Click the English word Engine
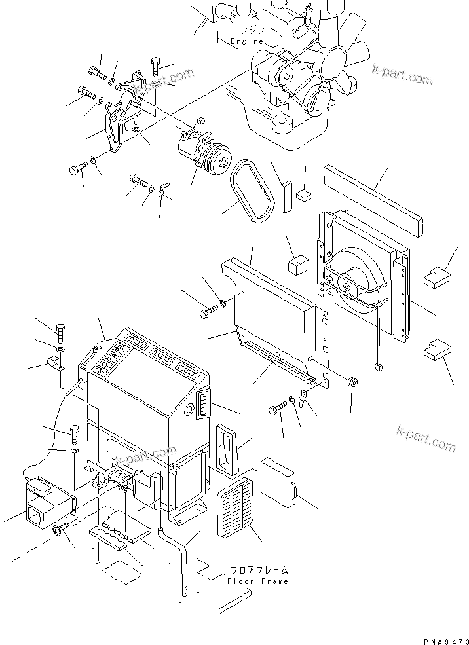point(247,41)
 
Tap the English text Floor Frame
point(258,581)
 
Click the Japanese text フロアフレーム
point(259,570)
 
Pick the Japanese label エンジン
point(248,31)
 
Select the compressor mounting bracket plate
point(118,128)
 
